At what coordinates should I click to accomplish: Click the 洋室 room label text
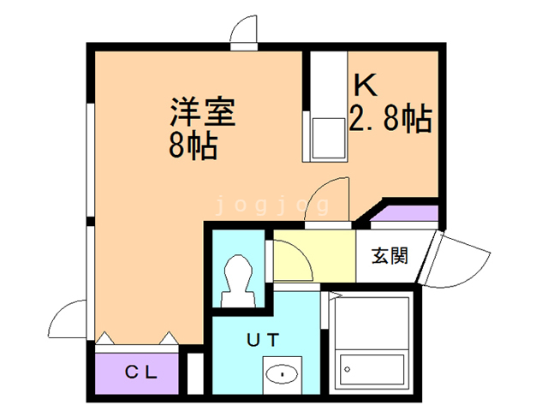tap(202, 112)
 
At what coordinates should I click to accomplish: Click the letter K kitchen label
tap(366, 86)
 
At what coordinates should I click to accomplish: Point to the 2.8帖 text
tap(390, 118)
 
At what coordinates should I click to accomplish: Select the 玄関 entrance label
tap(388, 255)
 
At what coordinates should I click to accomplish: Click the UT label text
tap(262, 339)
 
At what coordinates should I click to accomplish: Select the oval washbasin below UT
tap(280, 374)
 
